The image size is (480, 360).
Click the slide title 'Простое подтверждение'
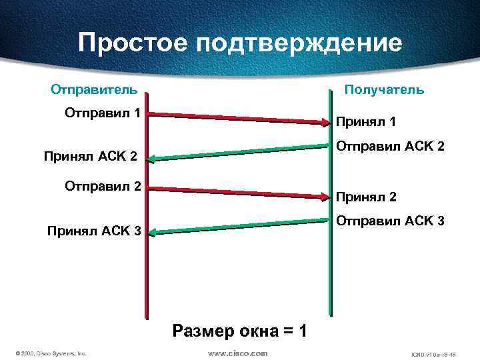tap(240, 43)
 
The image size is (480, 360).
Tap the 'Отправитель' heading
tap(95, 89)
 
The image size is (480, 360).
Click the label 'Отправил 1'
tap(102, 113)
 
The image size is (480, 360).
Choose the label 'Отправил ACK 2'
tap(389, 145)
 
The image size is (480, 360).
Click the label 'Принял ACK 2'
tap(90, 157)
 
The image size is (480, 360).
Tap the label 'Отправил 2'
tap(102, 186)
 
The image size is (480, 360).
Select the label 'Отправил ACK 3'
tap(389, 220)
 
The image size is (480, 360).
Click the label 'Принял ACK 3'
tap(93, 231)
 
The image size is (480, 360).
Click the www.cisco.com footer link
tap(237, 353)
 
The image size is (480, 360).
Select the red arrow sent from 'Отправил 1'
tap(239, 118)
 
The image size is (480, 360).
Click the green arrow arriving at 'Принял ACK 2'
tap(239, 153)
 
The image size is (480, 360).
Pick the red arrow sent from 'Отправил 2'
tap(239, 192)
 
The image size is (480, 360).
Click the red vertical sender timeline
tap(147, 280)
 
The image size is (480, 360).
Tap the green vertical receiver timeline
tap(329, 280)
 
